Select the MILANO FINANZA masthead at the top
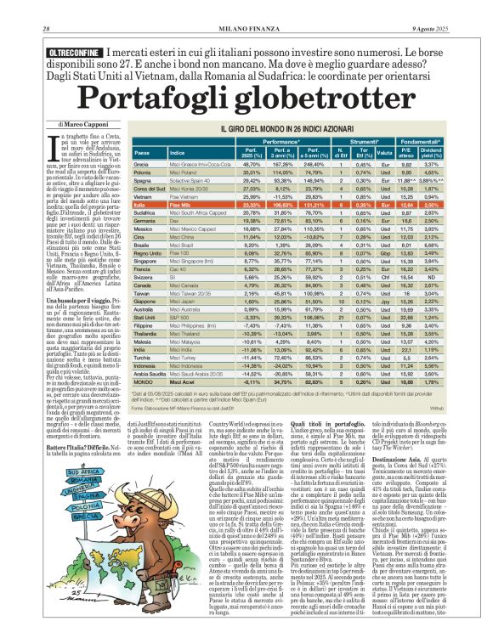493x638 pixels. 246,8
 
